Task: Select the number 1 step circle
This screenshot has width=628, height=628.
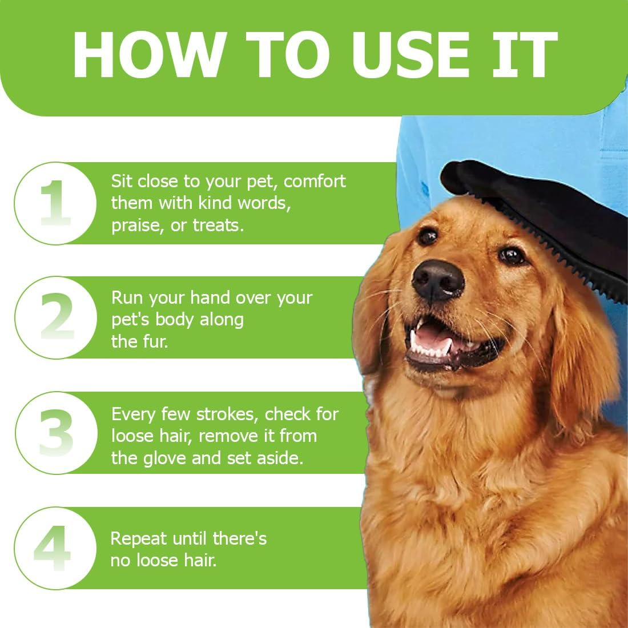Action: [55, 203]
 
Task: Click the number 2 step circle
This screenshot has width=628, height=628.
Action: [56, 317]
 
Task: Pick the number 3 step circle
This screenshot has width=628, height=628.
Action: [56, 433]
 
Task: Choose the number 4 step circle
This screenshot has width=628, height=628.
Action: [55, 548]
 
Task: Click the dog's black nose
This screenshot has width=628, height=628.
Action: [438, 280]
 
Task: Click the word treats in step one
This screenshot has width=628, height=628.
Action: [218, 225]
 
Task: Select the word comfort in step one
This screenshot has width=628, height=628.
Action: [315, 181]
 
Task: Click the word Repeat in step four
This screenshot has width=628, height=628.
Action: [138, 539]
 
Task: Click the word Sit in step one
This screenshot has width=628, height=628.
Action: [121, 181]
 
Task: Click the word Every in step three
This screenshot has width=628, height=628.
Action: [134, 414]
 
